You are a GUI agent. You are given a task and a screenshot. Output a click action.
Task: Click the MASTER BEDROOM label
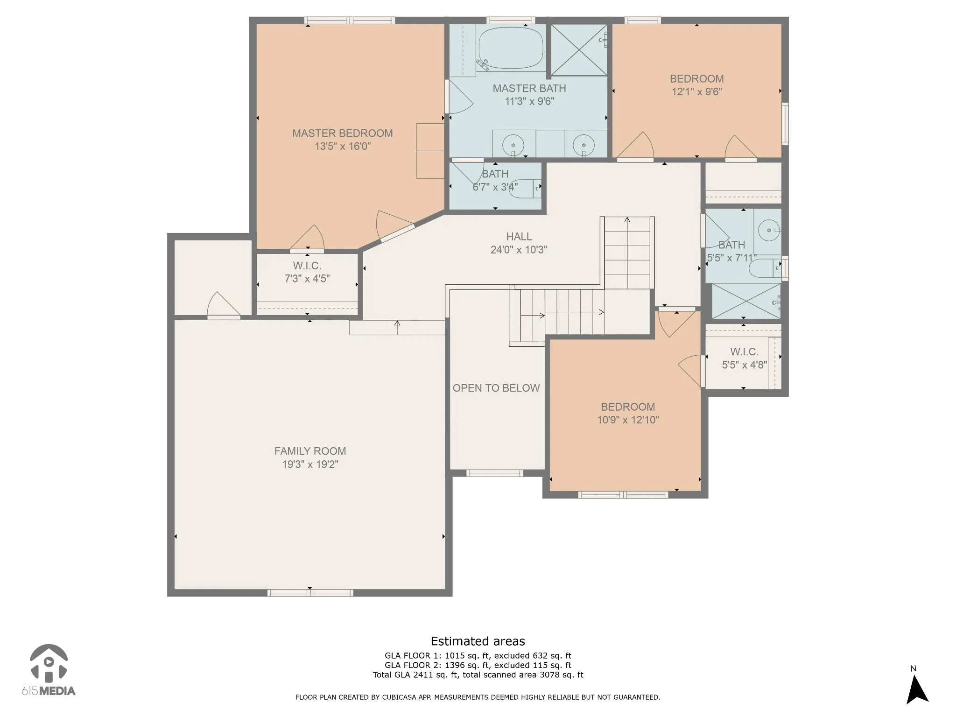[x=343, y=133]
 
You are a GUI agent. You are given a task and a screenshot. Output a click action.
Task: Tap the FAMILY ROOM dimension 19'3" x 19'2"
[x=310, y=464]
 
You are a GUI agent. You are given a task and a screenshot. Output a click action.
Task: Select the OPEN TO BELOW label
[x=496, y=388]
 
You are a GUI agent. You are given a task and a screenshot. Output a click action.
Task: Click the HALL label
[x=519, y=237]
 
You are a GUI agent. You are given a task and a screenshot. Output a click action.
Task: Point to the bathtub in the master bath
[x=511, y=48]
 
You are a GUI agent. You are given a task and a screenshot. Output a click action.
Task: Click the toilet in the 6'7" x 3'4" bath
[x=524, y=188]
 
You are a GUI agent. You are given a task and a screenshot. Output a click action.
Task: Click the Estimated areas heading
[x=478, y=641]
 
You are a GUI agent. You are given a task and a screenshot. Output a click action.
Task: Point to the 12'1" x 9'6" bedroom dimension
[x=696, y=92]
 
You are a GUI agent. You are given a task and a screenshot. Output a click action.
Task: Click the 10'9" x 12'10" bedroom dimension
[x=628, y=420]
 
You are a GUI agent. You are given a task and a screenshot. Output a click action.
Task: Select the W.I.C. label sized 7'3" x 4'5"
[x=307, y=266]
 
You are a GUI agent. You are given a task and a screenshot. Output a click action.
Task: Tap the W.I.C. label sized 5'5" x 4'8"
[x=744, y=351]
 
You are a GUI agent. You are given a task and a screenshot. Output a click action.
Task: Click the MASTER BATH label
[x=529, y=88]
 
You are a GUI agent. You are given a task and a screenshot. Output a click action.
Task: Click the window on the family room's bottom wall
[x=310, y=593]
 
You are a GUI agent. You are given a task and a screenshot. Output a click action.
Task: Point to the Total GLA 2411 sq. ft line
[x=478, y=675]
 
